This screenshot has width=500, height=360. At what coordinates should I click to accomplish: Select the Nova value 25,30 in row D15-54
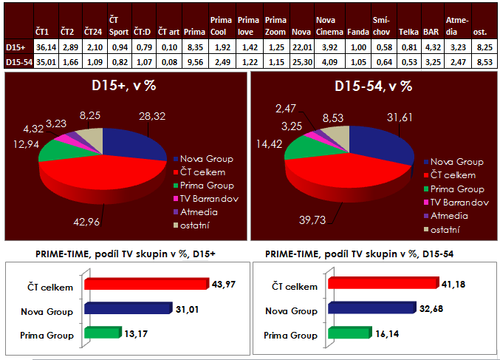point(301,62)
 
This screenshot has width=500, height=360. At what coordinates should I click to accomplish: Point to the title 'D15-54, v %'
point(374,86)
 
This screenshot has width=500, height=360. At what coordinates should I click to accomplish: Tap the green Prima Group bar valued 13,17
point(101,333)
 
